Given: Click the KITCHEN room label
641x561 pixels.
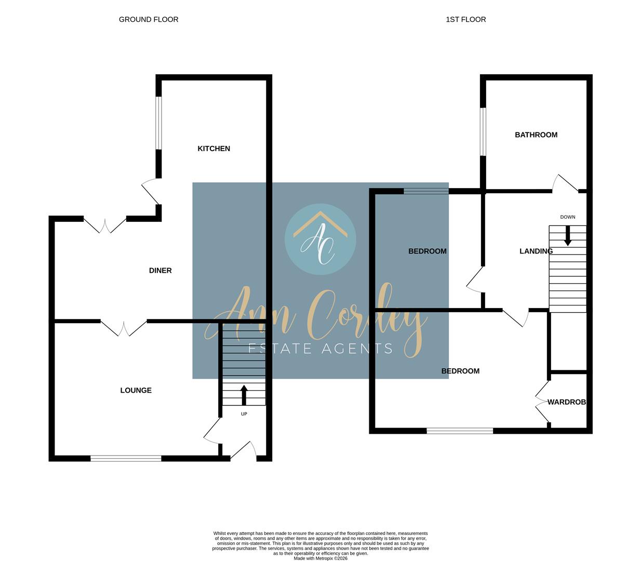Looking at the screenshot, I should click(x=213, y=149).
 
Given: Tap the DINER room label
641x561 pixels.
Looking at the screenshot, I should click(x=160, y=270).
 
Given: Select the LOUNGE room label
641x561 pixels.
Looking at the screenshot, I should click(x=136, y=390).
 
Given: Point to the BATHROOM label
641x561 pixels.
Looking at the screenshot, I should click(x=536, y=135).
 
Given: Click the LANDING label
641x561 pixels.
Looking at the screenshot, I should click(x=536, y=251).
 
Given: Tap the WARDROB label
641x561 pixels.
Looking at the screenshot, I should click(x=566, y=402).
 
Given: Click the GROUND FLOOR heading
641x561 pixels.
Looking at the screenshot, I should click(x=149, y=19).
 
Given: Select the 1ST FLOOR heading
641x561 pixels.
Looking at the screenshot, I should click(x=465, y=19).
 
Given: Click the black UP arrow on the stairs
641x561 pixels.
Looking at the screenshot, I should click(x=244, y=394).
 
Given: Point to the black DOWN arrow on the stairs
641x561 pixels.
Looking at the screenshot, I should click(x=567, y=236).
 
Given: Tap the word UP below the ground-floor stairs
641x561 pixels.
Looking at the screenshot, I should click(x=244, y=414).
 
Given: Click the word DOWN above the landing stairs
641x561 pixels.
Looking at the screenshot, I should click(x=567, y=217).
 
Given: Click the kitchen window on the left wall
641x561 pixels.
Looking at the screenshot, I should click(x=159, y=123).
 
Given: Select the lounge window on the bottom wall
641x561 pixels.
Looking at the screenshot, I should click(x=126, y=458).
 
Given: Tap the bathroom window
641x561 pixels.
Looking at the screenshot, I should click(x=483, y=131).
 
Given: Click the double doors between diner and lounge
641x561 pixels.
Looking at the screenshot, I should click(x=124, y=327).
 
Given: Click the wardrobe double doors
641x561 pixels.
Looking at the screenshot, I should click(x=542, y=402).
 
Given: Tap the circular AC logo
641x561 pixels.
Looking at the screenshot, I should click(x=320, y=239).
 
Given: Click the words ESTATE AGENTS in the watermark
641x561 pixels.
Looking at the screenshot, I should click(x=320, y=349).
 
